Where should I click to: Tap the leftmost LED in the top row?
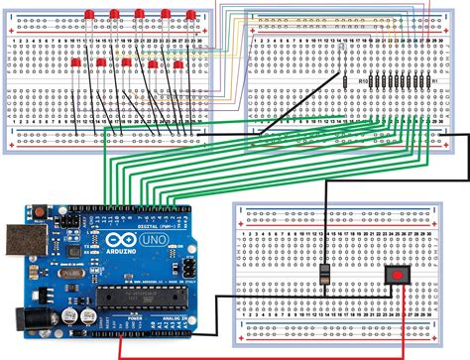click(89, 15)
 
